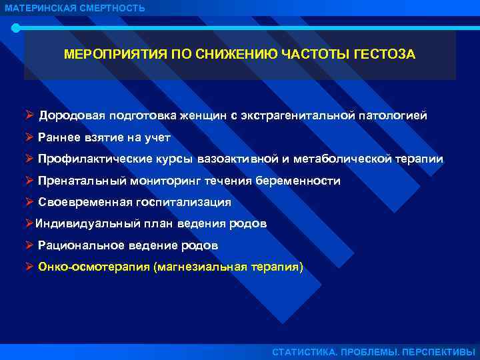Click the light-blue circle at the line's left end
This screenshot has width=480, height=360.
coord(16,28)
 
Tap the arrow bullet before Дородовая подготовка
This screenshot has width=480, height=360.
coord(29,115)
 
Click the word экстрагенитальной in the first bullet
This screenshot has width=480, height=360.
coord(297,115)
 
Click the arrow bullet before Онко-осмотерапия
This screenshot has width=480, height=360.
coord(29,267)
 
